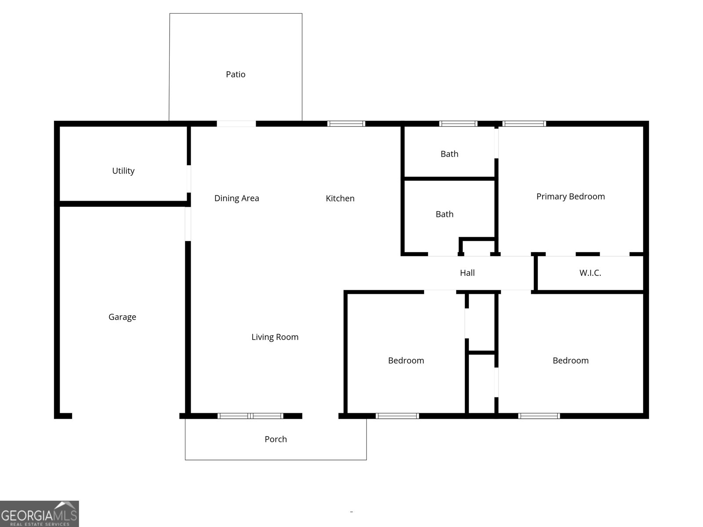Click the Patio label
pyautogui.click(x=236, y=75)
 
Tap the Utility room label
pyautogui.click(x=123, y=171)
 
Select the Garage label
pyautogui.click(x=122, y=317)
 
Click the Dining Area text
pyautogui.click(x=236, y=199)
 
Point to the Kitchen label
pyautogui.click(x=340, y=199)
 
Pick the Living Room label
pyautogui.click(x=275, y=337)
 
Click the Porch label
pyautogui.click(x=275, y=439)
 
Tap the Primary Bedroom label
pyautogui.click(x=570, y=197)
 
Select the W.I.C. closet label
pyautogui.click(x=590, y=273)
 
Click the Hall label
pyautogui.click(x=467, y=273)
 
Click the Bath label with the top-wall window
pyautogui.click(x=449, y=154)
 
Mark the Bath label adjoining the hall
pyautogui.click(x=444, y=214)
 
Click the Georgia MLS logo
pyautogui.click(x=40, y=514)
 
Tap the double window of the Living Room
pyautogui.click(x=250, y=416)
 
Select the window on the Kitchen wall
pyautogui.click(x=346, y=124)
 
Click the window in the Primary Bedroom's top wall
pyautogui.click(x=524, y=124)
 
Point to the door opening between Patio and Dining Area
pyautogui.click(x=236, y=124)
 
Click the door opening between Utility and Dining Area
pyautogui.click(x=189, y=179)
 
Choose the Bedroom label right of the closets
pyautogui.click(x=570, y=361)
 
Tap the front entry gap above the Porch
pyautogui.click(x=320, y=416)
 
